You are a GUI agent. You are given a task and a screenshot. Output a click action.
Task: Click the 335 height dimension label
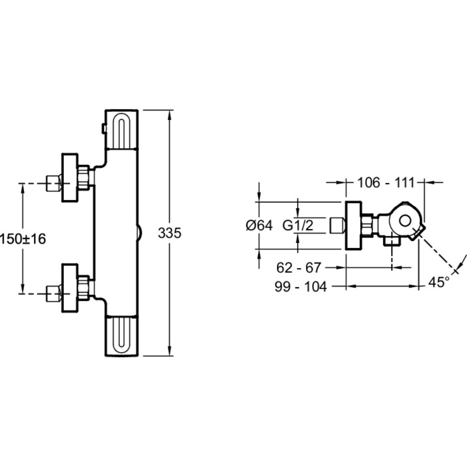pyautogui.click(x=170, y=233)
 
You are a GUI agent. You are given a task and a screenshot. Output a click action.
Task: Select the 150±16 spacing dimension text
pyautogui.click(x=23, y=239)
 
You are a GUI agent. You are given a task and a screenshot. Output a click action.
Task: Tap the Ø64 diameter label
pyautogui.click(x=259, y=225)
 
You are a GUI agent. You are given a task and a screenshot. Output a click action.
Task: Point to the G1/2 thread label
pyautogui.click(x=298, y=225)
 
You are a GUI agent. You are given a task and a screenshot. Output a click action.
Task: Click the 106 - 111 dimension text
pyautogui.click(x=386, y=182)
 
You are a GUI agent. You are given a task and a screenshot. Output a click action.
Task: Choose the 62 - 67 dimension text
pyautogui.click(x=299, y=267)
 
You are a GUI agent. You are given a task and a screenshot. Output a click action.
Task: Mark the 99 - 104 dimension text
pyautogui.click(x=301, y=286)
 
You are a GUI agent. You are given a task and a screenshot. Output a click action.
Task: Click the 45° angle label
pyautogui.click(x=438, y=282)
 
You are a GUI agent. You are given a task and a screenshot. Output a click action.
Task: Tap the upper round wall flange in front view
pyautogui.click(x=70, y=178)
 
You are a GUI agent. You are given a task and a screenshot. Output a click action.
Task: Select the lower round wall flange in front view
pyautogui.click(x=70, y=288)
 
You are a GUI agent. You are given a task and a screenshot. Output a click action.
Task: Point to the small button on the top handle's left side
pyautogui.click(x=104, y=129)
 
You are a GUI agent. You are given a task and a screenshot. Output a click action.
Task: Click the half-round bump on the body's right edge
pyautogui.click(x=140, y=233)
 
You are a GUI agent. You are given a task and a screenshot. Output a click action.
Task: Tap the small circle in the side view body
pyautogui.click(x=405, y=221)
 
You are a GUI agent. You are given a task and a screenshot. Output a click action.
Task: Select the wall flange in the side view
pyautogui.click(x=353, y=225)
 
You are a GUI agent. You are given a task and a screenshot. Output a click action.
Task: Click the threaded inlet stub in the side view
pyautogui.click(x=337, y=225)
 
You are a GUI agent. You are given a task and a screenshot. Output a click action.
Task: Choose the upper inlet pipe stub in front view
pyautogui.click(x=54, y=183)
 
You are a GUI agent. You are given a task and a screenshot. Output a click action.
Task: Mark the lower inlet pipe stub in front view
pyautogui.click(x=54, y=294)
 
